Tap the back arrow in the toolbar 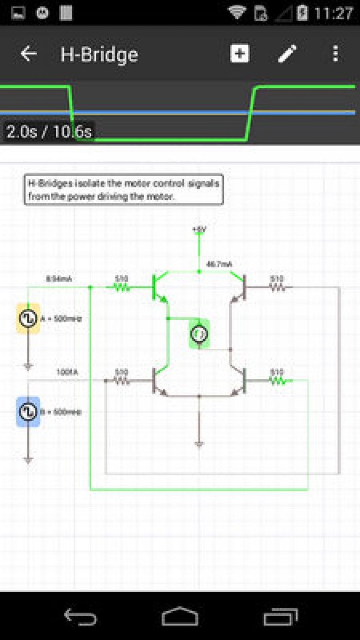(28, 54)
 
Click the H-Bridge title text (99, 55)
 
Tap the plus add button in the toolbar (240, 54)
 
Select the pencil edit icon (287, 54)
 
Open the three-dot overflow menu (335, 54)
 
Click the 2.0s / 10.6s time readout (49, 132)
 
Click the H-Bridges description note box (124, 190)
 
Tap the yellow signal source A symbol (28, 319)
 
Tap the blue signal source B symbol (28, 412)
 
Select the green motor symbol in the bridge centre (199, 334)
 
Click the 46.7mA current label (219, 264)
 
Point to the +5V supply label (199, 229)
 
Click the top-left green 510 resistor (121, 287)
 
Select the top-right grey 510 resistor (277, 287)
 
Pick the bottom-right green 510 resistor (277, 380)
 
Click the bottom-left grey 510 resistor (121, 380)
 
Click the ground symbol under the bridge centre (199, 443)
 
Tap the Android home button (180, 616)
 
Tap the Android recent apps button (280, 616)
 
